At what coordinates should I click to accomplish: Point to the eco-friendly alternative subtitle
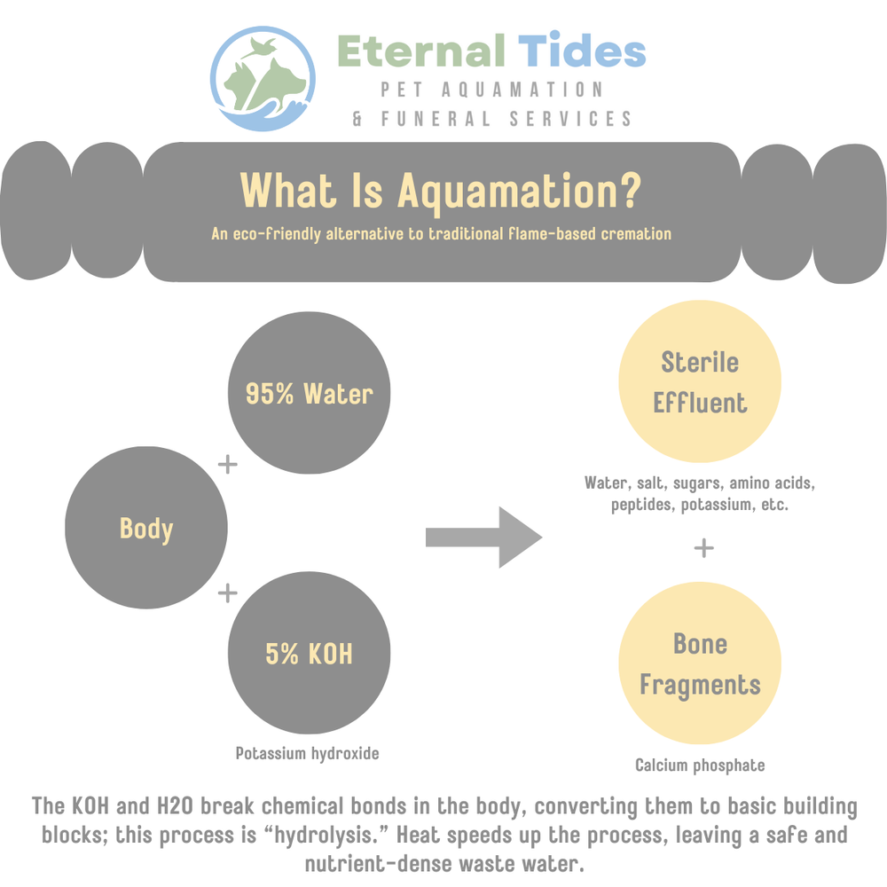(441, 235)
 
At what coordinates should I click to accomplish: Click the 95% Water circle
(309, 393)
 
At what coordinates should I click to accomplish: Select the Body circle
(146, 530)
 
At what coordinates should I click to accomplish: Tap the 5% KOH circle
(309, 654)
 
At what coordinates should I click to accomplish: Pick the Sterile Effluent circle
(700, 382)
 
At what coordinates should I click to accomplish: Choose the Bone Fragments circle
(700, 664)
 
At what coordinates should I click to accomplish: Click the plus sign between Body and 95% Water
(228, 464)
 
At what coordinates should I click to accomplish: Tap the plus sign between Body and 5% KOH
(228, 592)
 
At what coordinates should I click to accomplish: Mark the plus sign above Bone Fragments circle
(703, 548)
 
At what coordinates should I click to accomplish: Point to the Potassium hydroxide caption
(307, 754)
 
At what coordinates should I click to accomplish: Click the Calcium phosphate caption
(700, 765)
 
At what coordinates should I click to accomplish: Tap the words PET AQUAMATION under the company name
(492, 90)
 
